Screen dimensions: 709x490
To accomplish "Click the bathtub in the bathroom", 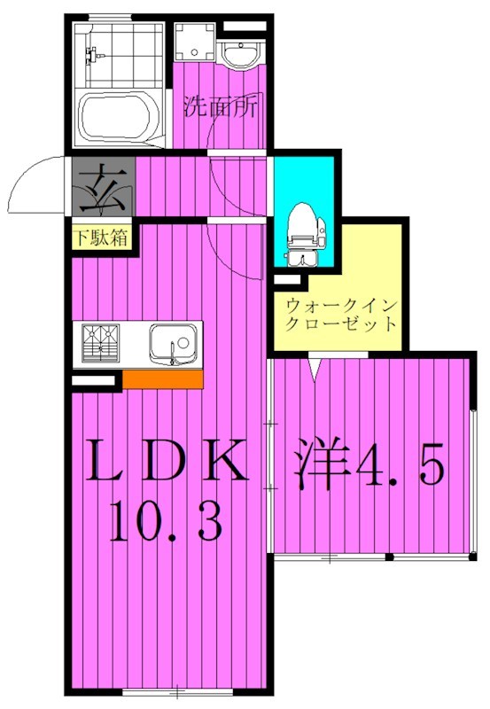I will [119, 117].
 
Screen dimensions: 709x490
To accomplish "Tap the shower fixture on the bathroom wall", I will [92, 56].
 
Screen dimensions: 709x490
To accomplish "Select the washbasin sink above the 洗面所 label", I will [237, 55].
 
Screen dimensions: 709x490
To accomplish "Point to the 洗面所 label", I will [221, 107].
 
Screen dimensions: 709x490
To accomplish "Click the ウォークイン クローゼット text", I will [341, 314].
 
